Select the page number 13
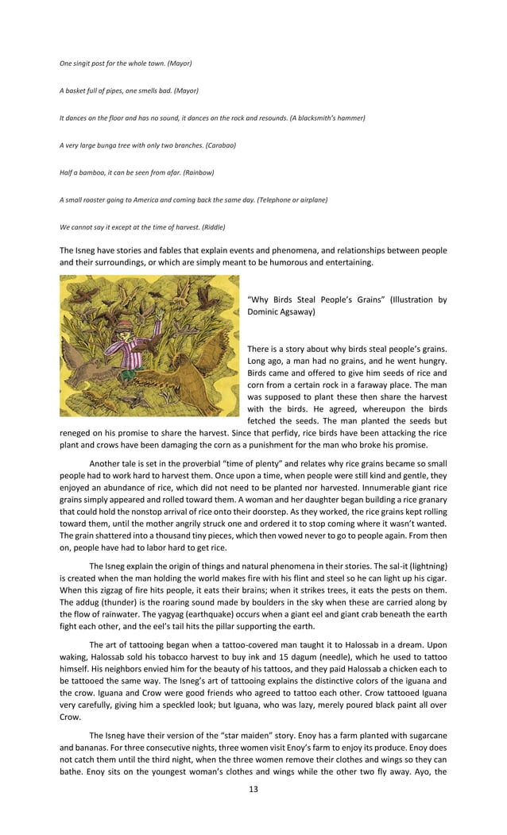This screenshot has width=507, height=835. (x=253, y=789)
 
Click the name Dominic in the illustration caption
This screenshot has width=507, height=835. (x=270, y=313)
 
